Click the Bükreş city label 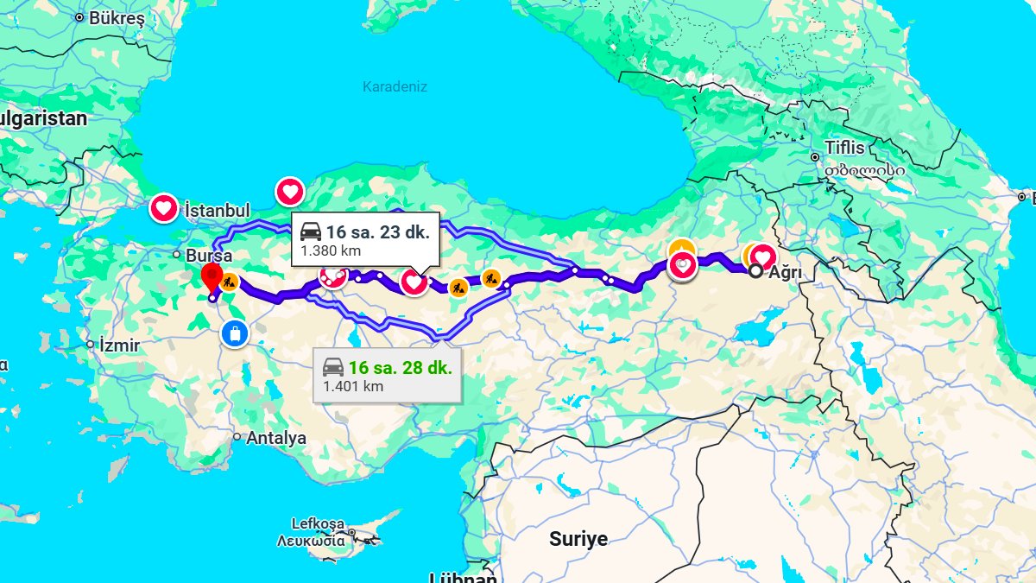pyautogui.click(x=117, y=16)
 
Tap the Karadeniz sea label pyautogui.click(x=395, y=86)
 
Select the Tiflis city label pyautogui.click(x=843, y=148)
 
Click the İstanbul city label pyautogui.click(x=217, y=211)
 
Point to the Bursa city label pyautogui.click(x=208, y=256)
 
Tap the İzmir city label pyautogui.click(x=119, y=345)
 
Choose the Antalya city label pyautogui.click(x=276, y=438)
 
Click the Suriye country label pyautogui.click(x=578, y=540)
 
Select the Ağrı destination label pyautogui.click(x=786, y=272)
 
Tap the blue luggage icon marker pyautogui.click(x=233, y=333)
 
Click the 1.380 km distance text pyautogui.click(x=331, y=251)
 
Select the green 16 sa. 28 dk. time pyautogui.click(x=400, y=366)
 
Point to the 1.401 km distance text pyautogui.click(x=353, y=386)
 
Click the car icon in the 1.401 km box pyautogui.click(x=333, y=366)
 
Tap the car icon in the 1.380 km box pyautogui.click(x=311, y=231)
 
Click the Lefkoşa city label pyautogui.click(x=318, y=523)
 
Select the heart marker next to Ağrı pyautogui.click(x=762, y=257)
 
